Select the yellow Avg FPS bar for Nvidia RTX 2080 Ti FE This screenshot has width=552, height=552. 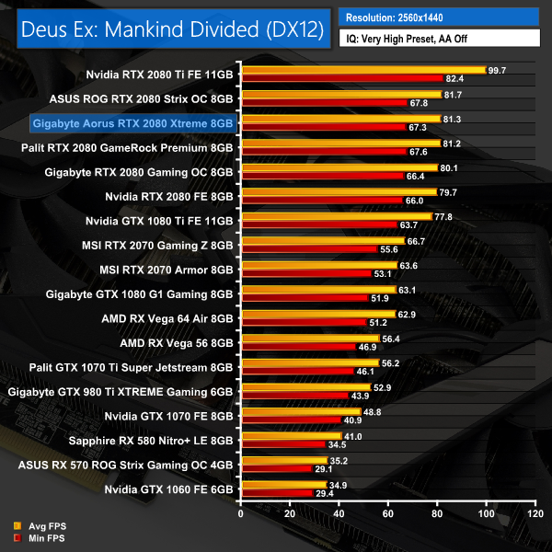point(362,70)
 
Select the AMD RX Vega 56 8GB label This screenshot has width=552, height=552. point(178,343)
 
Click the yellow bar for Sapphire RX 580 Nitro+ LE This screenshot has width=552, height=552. point(291,436)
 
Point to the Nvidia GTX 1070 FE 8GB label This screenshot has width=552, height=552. point(170,417)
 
